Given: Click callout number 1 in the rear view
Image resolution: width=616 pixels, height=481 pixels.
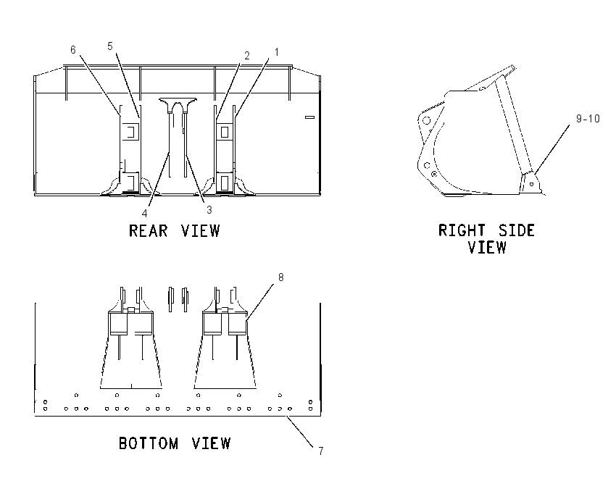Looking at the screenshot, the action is [277, 52].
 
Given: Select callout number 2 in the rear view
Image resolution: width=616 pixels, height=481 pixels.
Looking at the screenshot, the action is [246, 55].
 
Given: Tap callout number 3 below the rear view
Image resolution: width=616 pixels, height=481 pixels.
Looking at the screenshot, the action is [209, 210].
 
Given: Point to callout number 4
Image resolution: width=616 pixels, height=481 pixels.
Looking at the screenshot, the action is [144, 213].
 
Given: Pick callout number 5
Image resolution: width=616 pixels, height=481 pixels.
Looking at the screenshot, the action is [110, 46].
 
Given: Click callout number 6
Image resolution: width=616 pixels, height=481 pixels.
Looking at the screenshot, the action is [73, 50].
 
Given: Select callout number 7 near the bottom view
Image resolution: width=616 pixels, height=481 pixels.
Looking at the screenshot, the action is [321, 451].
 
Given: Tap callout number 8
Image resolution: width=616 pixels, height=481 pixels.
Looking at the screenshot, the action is [281, 277].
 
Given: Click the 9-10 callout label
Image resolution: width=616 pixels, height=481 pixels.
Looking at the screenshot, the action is [588, 119].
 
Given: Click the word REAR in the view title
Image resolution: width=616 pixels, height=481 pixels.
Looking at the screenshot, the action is [148, 230].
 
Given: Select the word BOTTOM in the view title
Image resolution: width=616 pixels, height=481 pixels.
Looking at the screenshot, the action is [149, 443].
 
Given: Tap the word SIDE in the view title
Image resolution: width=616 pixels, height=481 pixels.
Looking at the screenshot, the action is [516, 230].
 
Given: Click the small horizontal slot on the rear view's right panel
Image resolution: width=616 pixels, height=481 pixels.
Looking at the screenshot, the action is [310, 117].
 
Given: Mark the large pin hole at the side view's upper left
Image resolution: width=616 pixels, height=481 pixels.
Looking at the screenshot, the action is [427, 120].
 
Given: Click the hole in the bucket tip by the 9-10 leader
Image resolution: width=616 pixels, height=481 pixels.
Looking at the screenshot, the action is [531, 184].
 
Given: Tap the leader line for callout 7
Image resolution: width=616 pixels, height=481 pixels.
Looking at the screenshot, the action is [300, 432].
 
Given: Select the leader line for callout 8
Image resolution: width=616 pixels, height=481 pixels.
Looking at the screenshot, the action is [260, 303].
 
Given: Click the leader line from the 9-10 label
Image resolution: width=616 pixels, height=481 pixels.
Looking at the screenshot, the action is [552, 150].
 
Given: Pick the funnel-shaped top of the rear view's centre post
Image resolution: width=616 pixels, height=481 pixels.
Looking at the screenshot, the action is [178, 104].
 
